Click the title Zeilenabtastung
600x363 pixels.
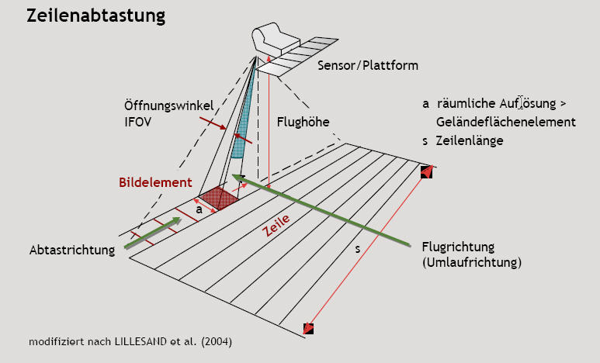tap(95, 16)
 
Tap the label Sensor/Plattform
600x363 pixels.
tap(368, 65)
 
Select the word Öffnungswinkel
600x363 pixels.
tap(168, 105)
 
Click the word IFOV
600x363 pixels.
tap(137, 122)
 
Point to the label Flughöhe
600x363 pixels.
tap(303, 122)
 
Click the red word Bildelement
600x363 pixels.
tap(155, 182)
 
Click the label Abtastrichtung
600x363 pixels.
tap(72, 251)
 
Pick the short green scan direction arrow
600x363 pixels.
tap(152, 233)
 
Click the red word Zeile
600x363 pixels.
tap(276, 225)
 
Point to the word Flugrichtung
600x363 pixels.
tap(458, 247)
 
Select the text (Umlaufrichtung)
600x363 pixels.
tap(472, 262)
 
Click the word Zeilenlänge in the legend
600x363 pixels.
tap(470, 140)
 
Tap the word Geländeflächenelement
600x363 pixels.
tap(506, 122)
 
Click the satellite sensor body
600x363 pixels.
tap(274, 38)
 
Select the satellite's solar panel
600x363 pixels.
tap(297, 56)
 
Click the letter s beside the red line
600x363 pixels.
tap(357, 249)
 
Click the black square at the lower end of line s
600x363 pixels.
tap(308, 329)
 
